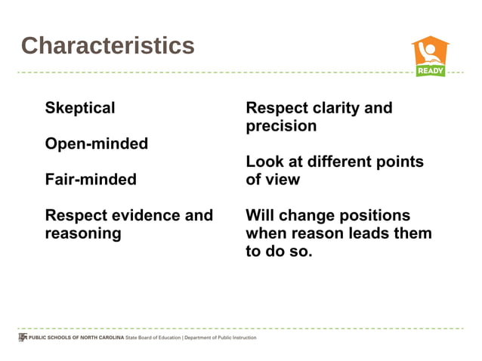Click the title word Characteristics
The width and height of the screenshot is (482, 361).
point(107,46)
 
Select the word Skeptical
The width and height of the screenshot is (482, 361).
point(80,108)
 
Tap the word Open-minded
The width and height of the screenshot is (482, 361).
point(96,143)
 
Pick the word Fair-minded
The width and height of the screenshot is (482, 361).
point(91,179)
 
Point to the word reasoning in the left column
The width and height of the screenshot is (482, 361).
point(83,233)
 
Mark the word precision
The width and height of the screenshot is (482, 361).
point(281,126)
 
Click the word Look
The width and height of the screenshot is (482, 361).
point(264,162)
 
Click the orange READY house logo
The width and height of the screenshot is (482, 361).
point(429,55)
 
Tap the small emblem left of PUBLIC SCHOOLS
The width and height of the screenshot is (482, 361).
point(22,338)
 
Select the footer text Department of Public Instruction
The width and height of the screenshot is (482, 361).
point(221,338)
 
